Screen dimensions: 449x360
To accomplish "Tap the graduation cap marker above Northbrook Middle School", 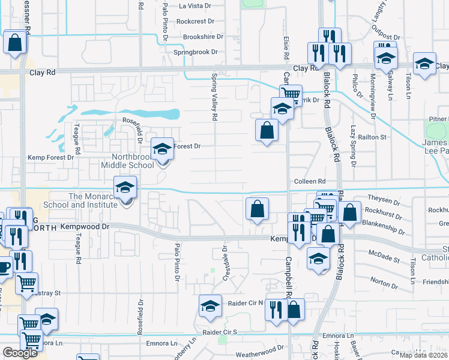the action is [x=162, y=149].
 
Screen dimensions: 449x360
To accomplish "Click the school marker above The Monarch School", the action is [x=125, y=188].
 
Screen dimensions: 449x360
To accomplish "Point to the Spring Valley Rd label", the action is [x=214, y=97].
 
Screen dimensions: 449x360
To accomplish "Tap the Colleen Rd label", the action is [x=309, y=181].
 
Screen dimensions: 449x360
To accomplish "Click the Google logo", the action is [x=20, y=353].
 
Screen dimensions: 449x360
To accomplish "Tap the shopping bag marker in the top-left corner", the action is [x=15, y=43].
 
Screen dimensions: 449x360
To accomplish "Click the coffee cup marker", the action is [x=3, y=266].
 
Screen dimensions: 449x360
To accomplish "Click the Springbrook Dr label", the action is [x=196, y=52].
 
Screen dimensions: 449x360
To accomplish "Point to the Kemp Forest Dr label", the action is [x=50, y=157].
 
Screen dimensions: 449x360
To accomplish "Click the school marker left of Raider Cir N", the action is [x=210, y=307].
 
